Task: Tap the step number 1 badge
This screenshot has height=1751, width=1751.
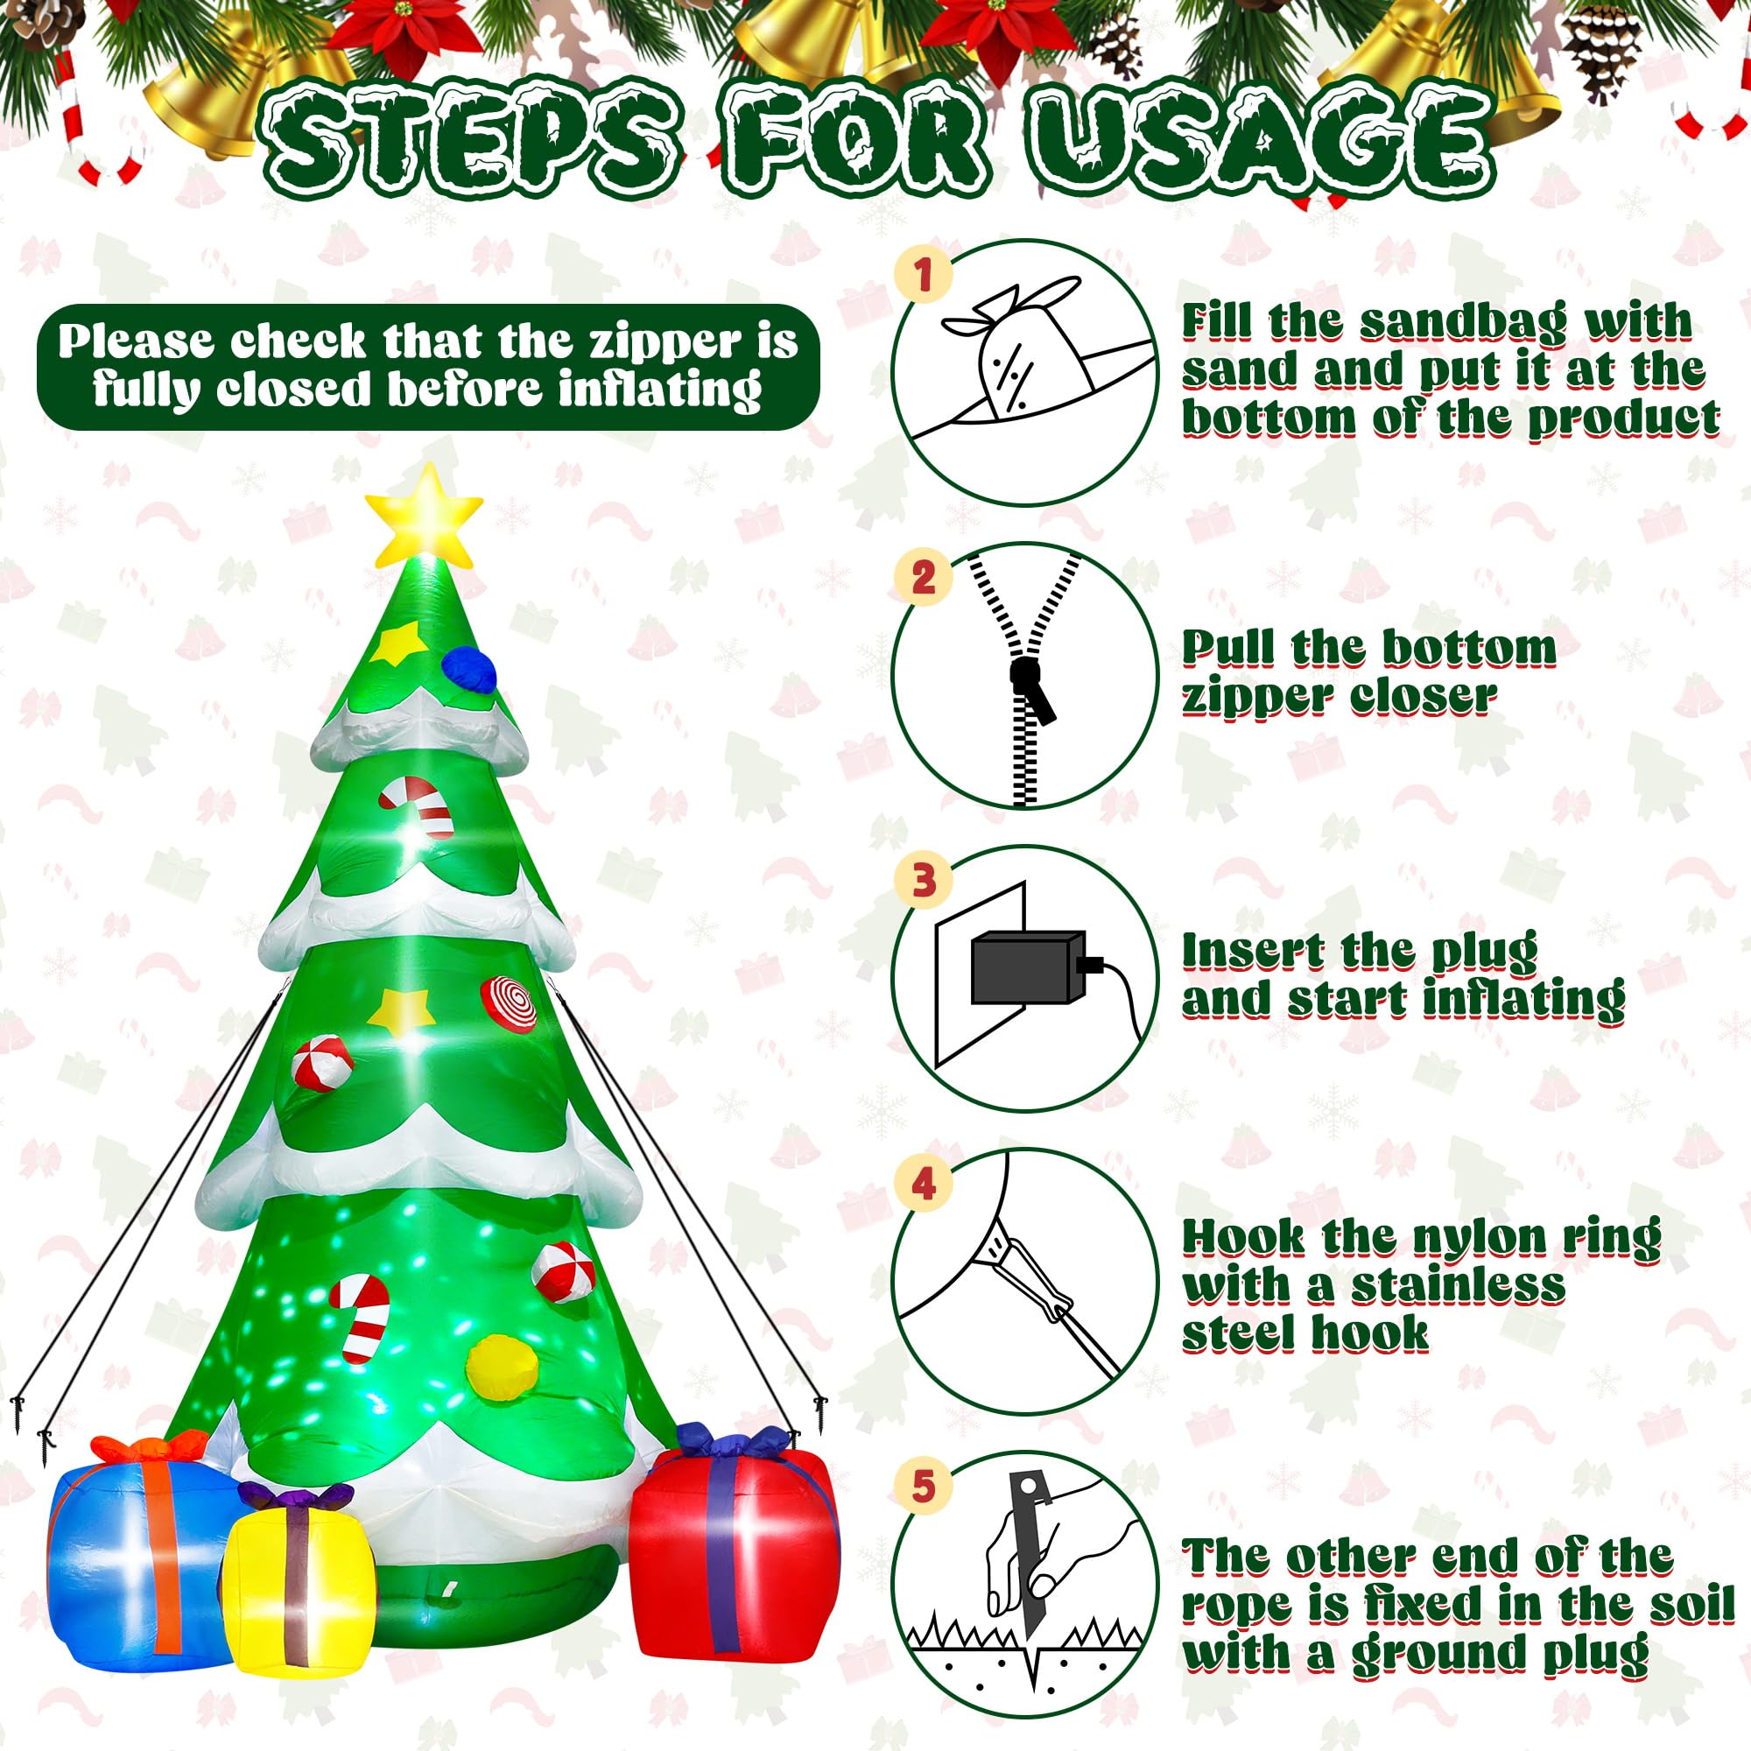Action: point(923,275)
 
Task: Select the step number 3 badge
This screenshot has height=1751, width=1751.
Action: point(923,879)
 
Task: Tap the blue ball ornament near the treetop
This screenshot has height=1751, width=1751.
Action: point(469,668)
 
